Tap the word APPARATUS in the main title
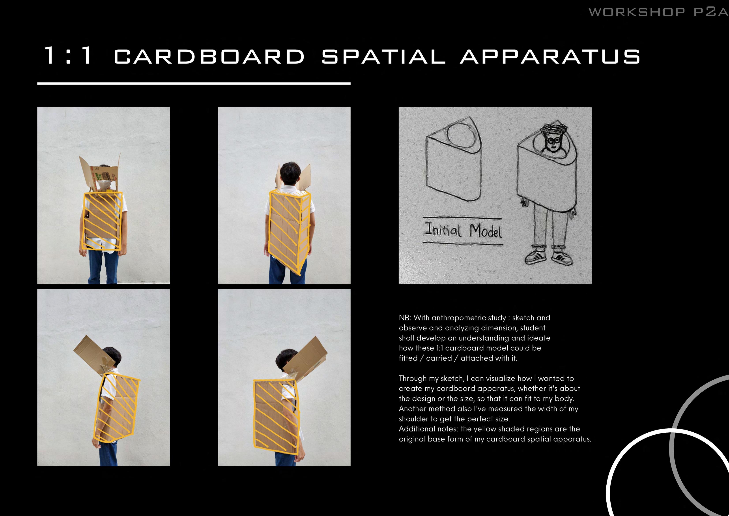point(550,56)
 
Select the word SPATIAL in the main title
point(383,56)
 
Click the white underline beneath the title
point(194,84)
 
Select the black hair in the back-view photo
point(290,173)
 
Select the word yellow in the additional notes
point(485,429)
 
